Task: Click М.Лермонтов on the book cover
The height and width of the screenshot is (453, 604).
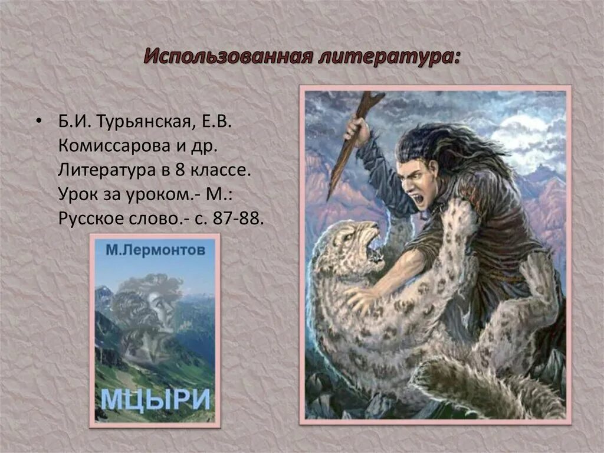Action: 156,250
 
